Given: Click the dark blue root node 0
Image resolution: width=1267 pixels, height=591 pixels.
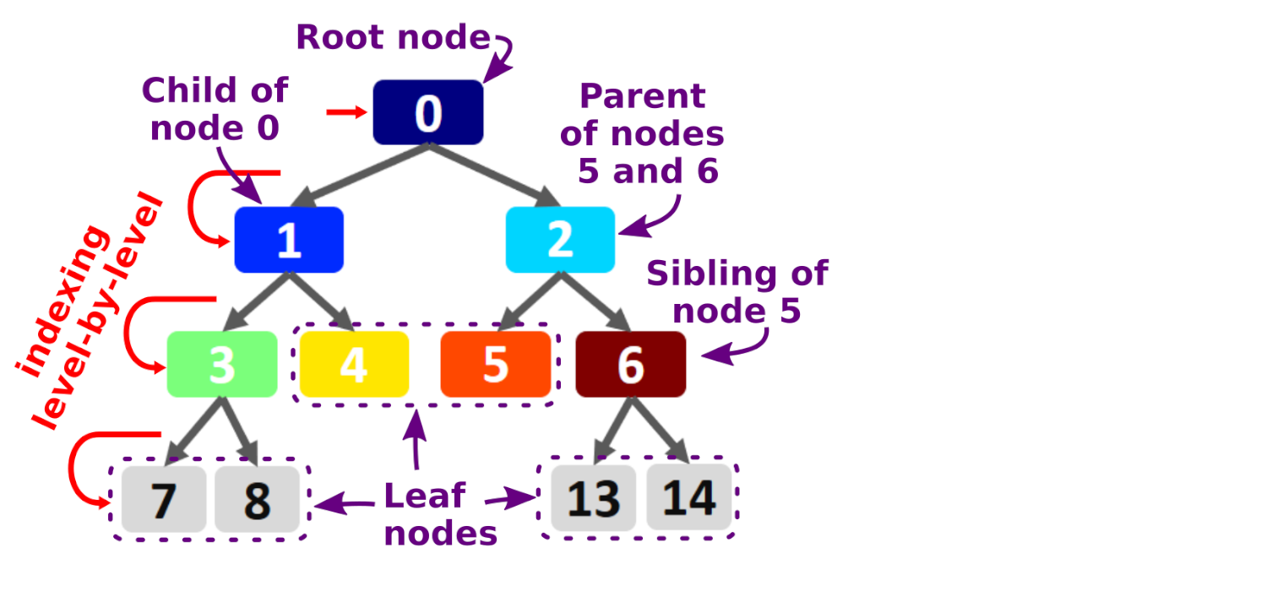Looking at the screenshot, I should coord(427,112).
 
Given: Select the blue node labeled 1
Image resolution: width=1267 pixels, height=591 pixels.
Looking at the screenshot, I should coord(289,240).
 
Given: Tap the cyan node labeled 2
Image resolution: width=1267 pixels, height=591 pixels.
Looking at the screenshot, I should coord(560,240).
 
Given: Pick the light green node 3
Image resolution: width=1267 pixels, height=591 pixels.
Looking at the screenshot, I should coord(222,365).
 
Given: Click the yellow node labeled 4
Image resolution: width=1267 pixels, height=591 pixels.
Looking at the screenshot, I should coord(354,365).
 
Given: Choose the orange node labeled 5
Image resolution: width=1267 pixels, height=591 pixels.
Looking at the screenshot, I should coord(495,365).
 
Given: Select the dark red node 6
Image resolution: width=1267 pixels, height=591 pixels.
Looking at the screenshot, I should coord(630,365).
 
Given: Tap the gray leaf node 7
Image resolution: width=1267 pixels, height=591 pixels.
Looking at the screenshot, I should coord(164,500).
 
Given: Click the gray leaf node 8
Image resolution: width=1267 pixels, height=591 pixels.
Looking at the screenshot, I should coord(257,500).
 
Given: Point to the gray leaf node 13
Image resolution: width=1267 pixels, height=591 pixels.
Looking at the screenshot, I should coord(593,498).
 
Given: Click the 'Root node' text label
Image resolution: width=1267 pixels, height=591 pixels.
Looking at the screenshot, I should coord(393,38).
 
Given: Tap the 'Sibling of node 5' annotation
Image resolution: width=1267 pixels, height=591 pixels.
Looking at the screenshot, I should coord(737,292).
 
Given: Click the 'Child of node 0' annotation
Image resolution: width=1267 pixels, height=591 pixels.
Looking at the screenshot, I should coord(215,109).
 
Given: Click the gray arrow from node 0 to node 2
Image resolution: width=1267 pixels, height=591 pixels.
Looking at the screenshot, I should coord(494,175).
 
